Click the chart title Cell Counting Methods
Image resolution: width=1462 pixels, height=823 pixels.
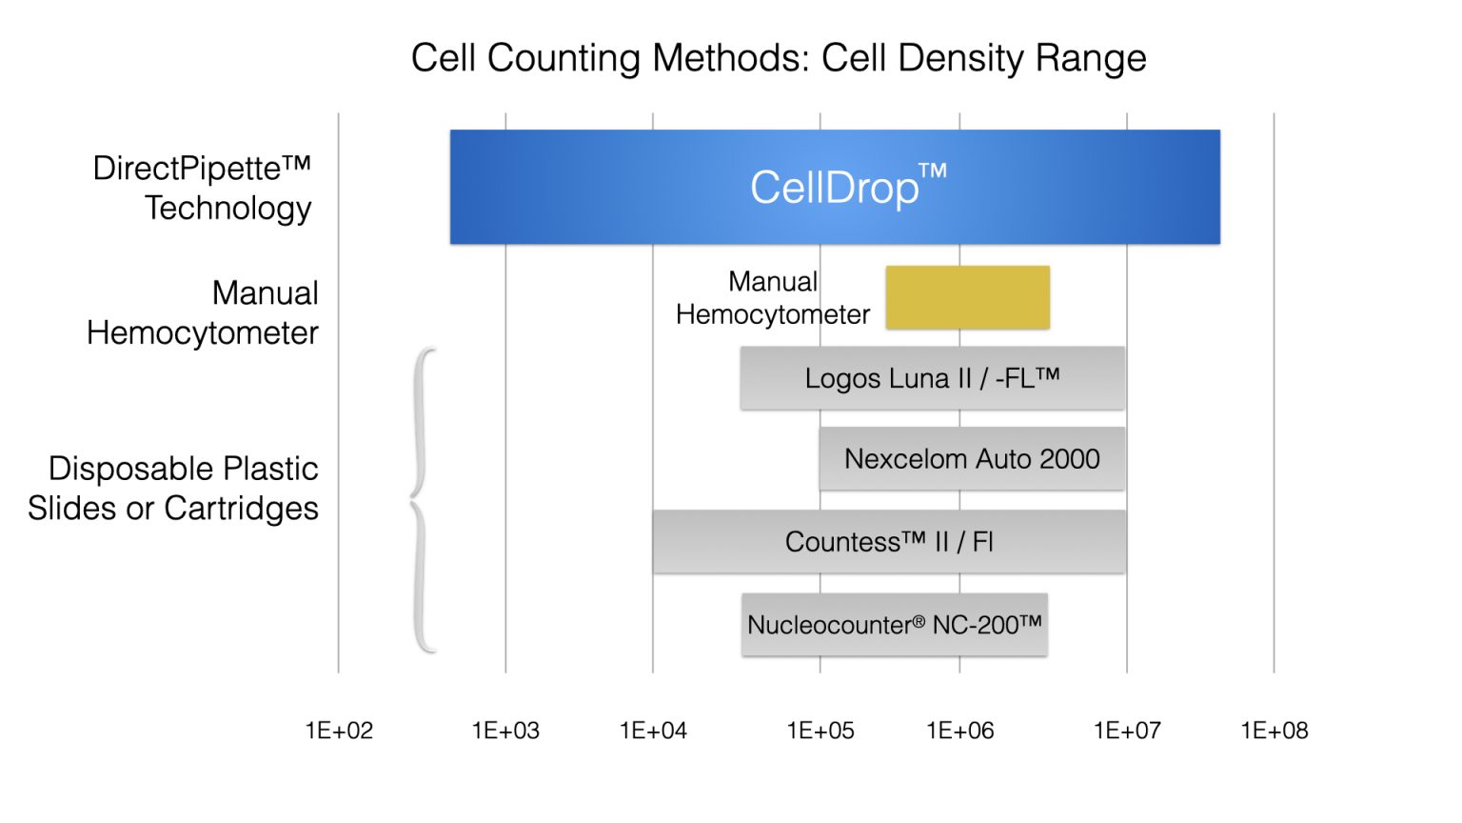click(x=778, y=58)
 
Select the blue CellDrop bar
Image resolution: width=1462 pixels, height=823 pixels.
click(x=835, y=187)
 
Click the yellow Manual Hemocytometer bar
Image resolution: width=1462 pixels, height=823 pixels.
click(x=967, y=297)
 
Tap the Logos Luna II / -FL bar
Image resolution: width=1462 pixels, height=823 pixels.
click(x=932, y=378)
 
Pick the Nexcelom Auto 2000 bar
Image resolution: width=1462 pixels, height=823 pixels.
click(x=971, y=459)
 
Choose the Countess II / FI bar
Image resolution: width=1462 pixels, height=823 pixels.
click(x=888, y=542)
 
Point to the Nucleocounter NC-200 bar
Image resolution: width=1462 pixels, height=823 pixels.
click(x=894, y=625)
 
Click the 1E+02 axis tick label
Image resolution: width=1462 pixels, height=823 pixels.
click(x=339, y=731)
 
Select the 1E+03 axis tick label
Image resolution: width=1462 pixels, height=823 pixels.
click(x=505, y=731)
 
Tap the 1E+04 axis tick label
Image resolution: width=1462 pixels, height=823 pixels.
click(x=653, y=731)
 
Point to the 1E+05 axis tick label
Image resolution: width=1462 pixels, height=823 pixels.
click(x=820, y=731)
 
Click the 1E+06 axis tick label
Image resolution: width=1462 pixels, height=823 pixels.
click(x=959, y=731)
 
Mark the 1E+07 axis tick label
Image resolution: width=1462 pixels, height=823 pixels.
click(x=1127, y=731)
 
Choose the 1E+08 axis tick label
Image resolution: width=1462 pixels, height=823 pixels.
click(x=1274, y=731)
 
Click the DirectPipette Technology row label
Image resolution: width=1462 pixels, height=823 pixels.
click(x=203, y=188)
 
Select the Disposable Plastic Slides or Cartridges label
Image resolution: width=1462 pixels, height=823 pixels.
click(x=173, y=488)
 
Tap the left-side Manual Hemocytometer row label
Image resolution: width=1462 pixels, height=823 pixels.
click(x=203, y=312)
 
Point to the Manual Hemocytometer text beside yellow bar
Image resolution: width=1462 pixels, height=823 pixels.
click(x=772, y=298)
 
